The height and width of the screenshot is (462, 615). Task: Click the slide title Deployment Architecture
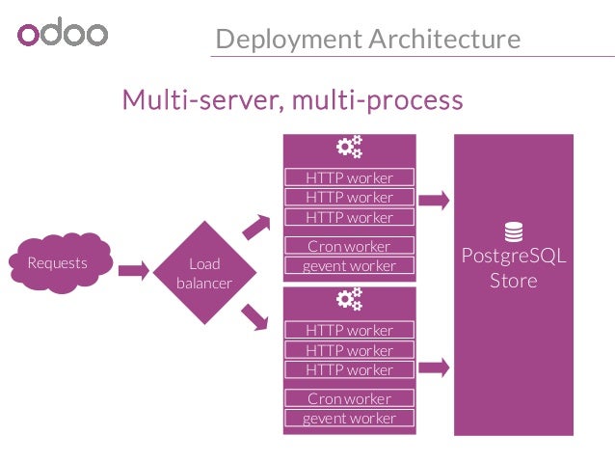(x=367, y=40)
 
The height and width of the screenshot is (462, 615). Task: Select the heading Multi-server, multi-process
(x=292, y=99)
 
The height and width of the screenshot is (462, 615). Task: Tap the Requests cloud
(x=58, y=263)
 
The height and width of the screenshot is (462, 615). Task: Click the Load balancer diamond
(x=204, y=272)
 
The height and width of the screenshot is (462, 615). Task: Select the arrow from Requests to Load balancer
(x=134, y=269)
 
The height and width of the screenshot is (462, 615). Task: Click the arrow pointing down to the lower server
(x=256, y=314)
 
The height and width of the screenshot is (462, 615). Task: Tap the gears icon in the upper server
(x=349, y=148)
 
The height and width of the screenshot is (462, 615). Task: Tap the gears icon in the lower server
(x=349, y=300)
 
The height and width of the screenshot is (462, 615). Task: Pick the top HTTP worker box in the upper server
(x=349, y=177)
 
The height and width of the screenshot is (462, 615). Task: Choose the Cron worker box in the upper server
(x=349, y=246)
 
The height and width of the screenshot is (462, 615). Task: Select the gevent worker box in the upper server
(x=349, y=265)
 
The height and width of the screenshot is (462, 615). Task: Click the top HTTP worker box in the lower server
(x=349, y=330)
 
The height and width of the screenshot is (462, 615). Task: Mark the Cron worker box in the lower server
(x=349, y=398)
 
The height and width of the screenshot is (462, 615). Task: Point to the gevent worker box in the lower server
(x=349, y=419)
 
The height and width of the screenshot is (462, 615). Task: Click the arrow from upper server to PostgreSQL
(x=435, y=201)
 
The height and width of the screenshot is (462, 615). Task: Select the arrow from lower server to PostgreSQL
(x=435, y=367)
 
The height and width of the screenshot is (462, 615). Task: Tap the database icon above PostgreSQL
(x=513, y=232)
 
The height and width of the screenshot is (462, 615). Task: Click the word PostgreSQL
(x=513, y=258)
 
